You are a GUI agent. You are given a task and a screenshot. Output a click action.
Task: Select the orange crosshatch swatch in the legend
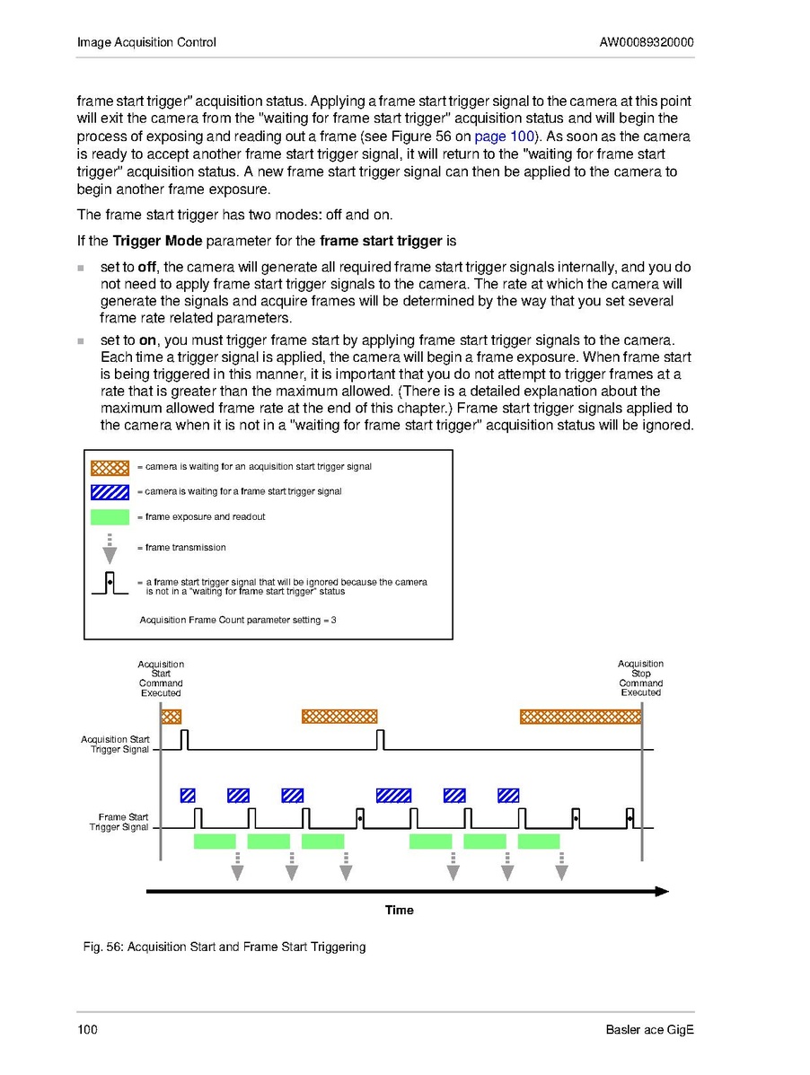point(110,467)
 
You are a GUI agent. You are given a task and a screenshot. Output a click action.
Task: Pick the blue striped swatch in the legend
point(110,491)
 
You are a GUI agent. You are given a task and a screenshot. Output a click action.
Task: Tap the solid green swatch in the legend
point(110,516)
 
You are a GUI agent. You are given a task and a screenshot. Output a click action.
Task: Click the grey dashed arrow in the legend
point(110,548)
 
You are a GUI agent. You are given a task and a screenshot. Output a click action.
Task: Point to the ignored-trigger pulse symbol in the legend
point(110,586)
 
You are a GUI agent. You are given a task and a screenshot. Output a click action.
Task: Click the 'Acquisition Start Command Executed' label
point(161,679)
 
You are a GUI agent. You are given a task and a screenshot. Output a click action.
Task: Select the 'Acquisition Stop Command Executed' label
point(640,678)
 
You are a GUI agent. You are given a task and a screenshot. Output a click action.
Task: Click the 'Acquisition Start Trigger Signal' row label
point(116,745)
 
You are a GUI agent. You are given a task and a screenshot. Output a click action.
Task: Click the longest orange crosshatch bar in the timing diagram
point(581,717)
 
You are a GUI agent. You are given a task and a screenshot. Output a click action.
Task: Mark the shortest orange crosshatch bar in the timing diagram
point(171,717)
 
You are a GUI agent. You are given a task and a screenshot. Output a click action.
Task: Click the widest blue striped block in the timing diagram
point(393,795)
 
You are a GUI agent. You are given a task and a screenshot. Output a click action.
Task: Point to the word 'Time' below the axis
point(400,911)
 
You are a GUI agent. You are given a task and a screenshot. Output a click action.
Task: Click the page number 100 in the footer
point(87,1030)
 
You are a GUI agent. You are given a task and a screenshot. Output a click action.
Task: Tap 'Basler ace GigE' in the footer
point(650,1030)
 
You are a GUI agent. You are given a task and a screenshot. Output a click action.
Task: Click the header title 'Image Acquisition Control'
point(146,42)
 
